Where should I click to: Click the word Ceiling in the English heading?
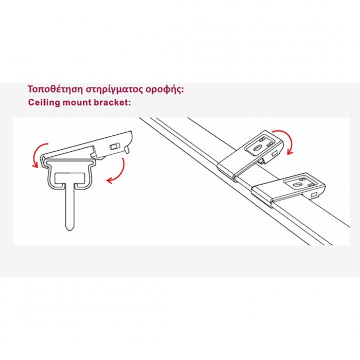click(x=42, y=102)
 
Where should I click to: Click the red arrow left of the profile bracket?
click(x=35, y=155)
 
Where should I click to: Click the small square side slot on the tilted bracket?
click(x=277, y=152)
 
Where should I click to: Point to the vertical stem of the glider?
click(x=69, y=206)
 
